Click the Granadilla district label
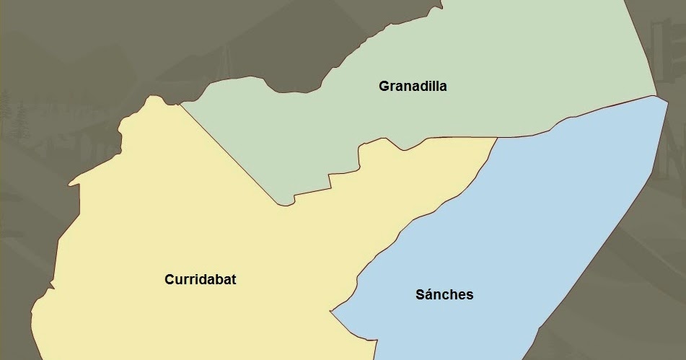click(413, 87)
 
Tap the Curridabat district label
click(200, 280)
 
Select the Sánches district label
click(444, 294)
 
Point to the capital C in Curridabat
click(170, 280)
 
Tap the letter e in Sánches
click(462, 295)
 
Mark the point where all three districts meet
click(498, 138)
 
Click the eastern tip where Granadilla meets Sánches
click(656, 96)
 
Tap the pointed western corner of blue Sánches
click(331, 312)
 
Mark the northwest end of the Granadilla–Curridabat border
click(180, 104)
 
